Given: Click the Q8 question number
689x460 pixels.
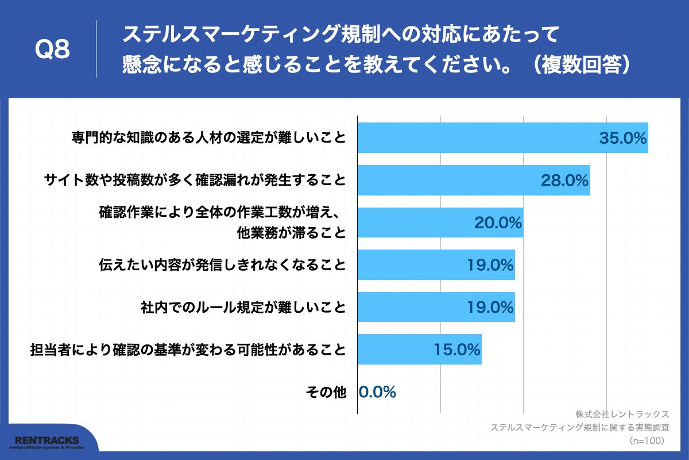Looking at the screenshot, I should pos(52,50).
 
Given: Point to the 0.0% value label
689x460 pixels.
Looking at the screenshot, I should pos(377,392).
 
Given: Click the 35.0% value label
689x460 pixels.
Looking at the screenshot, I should pos(623,138).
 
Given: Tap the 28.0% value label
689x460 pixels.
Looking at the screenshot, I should pos(565,181).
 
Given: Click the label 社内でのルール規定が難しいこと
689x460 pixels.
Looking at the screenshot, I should pos(243,307).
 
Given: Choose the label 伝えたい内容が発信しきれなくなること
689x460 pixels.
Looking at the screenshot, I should pos(223,265).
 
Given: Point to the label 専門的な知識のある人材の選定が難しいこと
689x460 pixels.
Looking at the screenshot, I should pos(209,138).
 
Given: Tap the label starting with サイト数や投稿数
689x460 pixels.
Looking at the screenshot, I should pos(195,181).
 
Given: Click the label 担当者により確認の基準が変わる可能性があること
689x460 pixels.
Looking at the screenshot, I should pos(188,349).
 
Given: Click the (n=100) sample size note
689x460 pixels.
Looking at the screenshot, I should pos(647,440).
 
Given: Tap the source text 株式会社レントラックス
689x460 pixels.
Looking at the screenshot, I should pos(622,414).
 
